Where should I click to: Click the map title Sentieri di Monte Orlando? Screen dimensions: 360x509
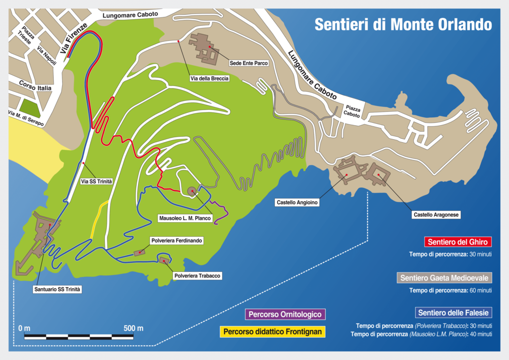click(x=403, y=24)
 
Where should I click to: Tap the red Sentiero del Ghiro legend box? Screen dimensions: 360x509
click(x=458, y=242)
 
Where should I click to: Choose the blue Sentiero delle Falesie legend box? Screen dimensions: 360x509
click(x=453, y=313)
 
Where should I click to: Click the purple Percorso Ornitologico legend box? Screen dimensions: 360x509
click(x=285, y=314)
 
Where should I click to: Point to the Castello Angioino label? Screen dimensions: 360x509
click(x=296, y=202)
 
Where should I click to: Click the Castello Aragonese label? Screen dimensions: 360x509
click(x=436, y=215)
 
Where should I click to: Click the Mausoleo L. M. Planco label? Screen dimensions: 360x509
click(x=185, y=218)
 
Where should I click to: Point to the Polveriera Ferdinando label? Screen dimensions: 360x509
click(x=176, y=241)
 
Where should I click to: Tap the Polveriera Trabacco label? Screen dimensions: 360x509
click(x=196, y=275)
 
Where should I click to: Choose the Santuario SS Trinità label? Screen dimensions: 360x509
click(x=57, y=289)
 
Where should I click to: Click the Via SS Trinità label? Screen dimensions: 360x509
click(x=96, y=181)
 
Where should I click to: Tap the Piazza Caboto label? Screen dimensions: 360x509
click(x=353, y=111)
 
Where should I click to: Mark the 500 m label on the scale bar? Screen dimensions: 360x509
click(x=133, y=328)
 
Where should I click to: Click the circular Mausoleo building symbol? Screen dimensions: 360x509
click(x=191, y=191)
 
